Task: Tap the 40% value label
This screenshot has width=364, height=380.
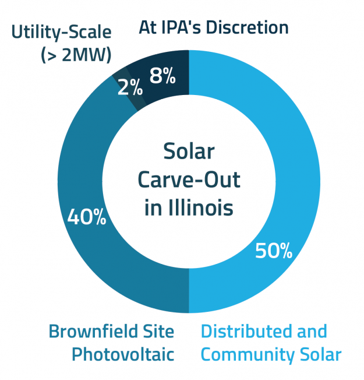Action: (87, 217)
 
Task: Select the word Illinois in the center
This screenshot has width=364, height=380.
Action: (200, 207)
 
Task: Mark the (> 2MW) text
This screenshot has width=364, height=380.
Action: (77, 54)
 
